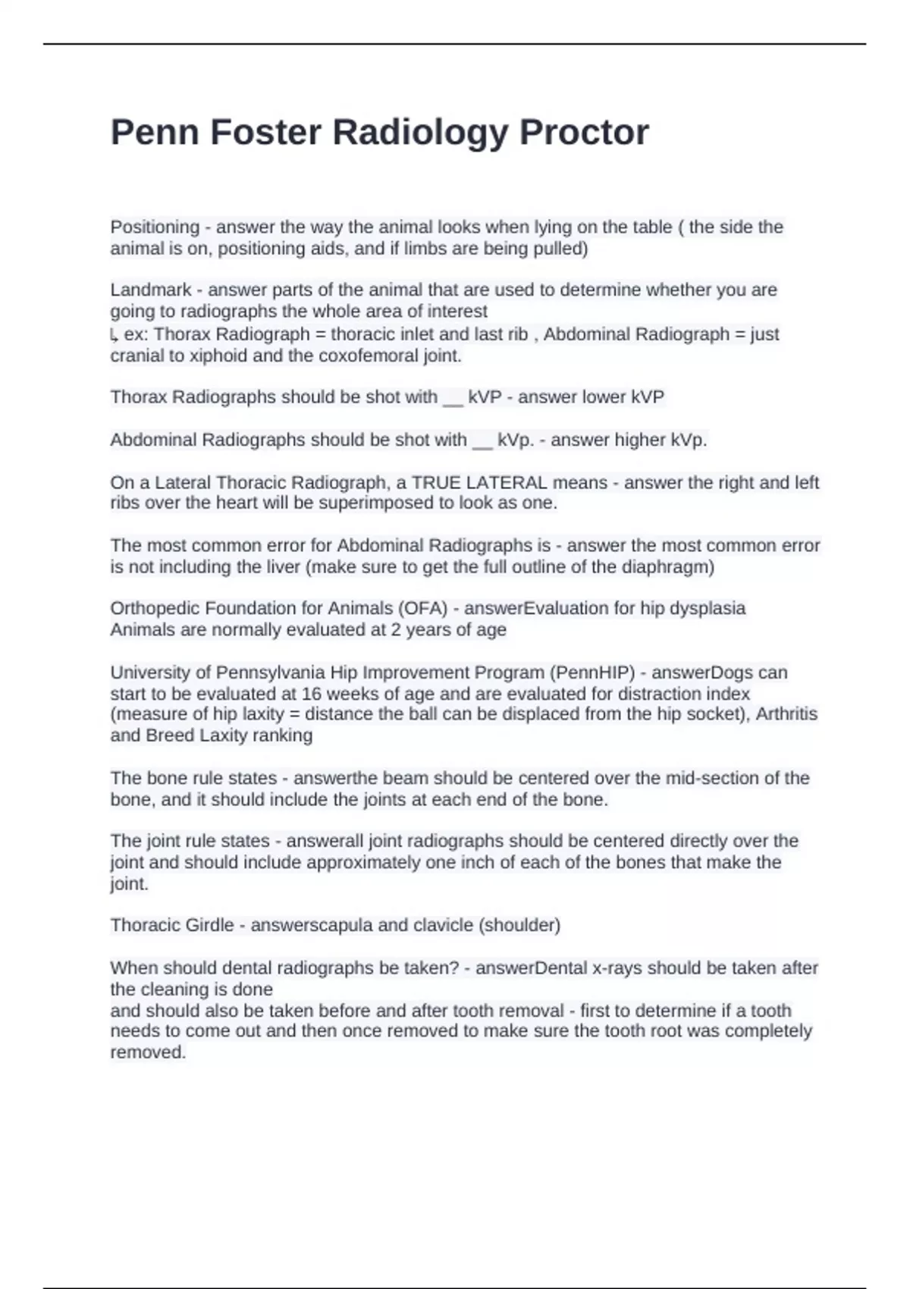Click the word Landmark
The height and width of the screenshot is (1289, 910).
pos(151,290)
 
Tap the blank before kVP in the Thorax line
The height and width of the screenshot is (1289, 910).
pos(452,398)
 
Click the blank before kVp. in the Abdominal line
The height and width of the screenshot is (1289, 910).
pos(482,441)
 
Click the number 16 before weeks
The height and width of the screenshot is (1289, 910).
pos(311,695)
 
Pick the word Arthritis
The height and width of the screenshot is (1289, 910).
pos(786,714)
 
